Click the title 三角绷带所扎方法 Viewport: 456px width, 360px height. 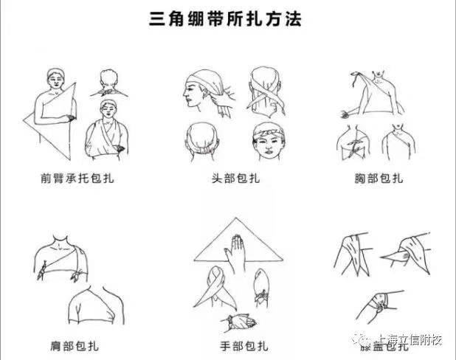point(226,18)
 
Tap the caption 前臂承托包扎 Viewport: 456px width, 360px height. point(72,178)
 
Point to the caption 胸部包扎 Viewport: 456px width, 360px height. point(378,178)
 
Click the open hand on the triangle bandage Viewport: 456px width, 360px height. point(235,249)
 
